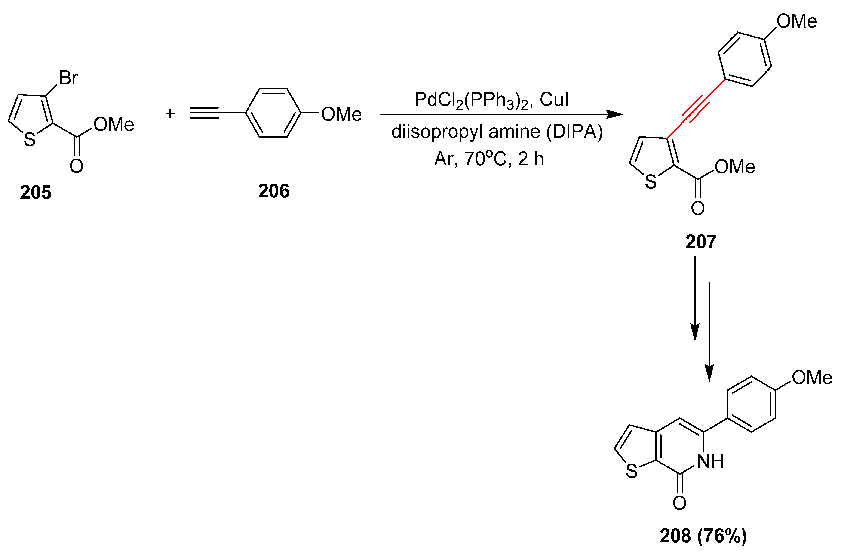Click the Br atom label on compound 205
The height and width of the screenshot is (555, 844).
coord(68,78)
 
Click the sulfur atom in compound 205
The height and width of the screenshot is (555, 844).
coord(30,140)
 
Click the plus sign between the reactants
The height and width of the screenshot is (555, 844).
coord(170,114)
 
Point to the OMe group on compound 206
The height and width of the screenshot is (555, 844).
coord(341,114)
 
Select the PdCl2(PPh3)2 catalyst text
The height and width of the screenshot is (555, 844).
coord(472,100)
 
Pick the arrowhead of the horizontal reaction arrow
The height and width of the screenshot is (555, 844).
coord(615,114)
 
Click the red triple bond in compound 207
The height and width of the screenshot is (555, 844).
coord(696,108)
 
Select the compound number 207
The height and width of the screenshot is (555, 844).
coord(701,242)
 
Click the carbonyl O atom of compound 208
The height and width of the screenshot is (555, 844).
coord(679,503)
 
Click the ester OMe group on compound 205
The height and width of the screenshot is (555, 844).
coord(114,124)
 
